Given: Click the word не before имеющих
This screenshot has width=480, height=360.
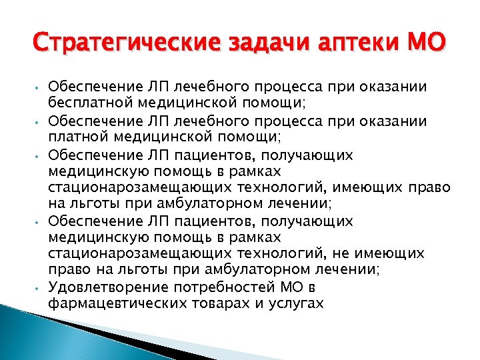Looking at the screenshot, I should click(x=355, y=254).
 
